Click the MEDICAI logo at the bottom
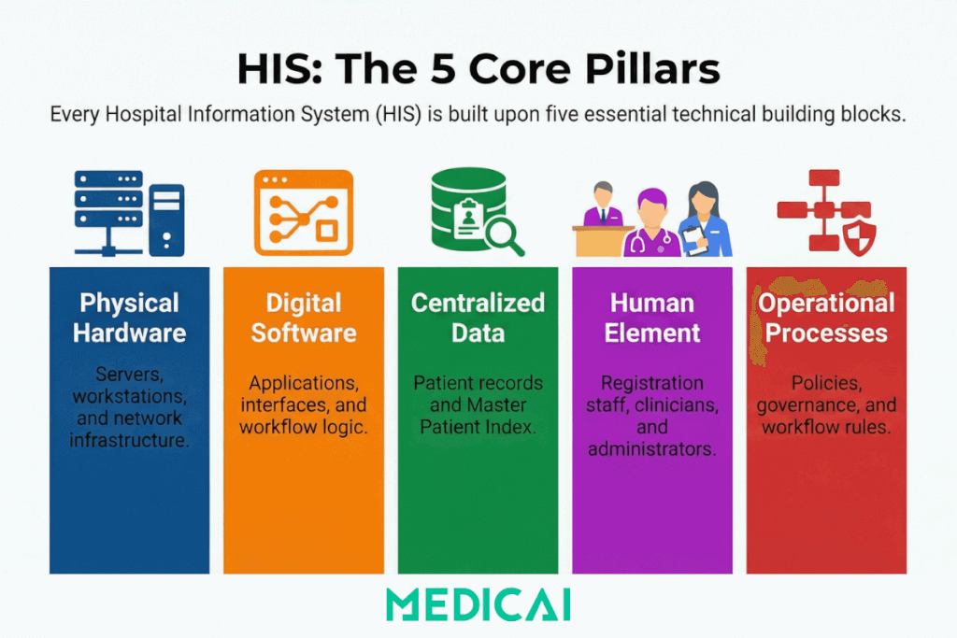[478, 604]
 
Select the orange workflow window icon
[303, 213]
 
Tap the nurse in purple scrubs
[651, 224]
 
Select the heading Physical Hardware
[129, 318]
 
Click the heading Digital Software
[303, 318]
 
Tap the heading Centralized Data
[478, 318]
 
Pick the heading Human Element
[651, 318]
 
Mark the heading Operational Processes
[826, 318]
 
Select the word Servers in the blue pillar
[129, 374]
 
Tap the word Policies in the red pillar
[826, 382]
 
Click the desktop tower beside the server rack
[167, 220]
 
